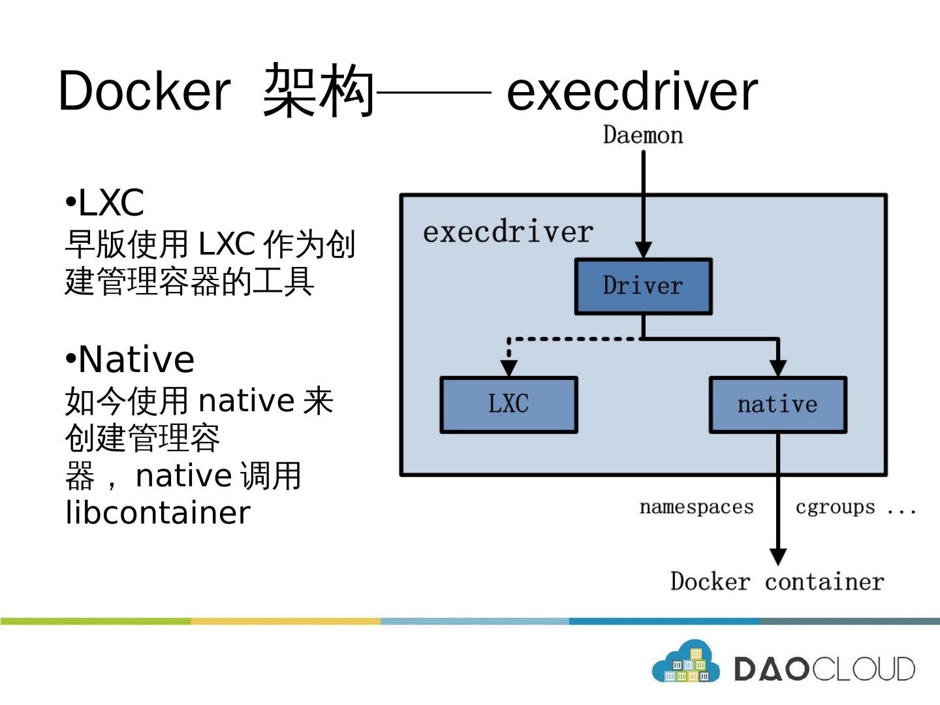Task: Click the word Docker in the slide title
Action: (x=144, y=91)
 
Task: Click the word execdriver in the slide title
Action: (x=632, y=91)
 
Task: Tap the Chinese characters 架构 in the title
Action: (x=319, y=91)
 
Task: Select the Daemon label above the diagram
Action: (x=643, y=135)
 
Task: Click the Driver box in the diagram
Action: (x=643, y=286)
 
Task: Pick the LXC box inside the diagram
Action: (x=509, y=404)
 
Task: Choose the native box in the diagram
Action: (x=777, y=405)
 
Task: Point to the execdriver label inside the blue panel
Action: (x=508, y=232)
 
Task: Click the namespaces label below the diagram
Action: (x=697, y=507)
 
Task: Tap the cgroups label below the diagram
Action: (x=835, y=507)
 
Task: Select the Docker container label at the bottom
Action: (x=777, y=581)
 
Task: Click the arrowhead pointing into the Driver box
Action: (x=643, y=249)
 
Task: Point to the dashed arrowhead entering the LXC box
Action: (x=509, y=368)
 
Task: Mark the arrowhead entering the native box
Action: (x=777, y=368)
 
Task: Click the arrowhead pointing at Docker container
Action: (x=777, y=556)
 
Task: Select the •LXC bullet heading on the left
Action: (x=105, y=202)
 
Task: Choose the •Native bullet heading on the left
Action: (x=130, y=359)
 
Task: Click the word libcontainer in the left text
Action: (x=157, y=512)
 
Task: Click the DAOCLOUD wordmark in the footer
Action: (x=824, y=669)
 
